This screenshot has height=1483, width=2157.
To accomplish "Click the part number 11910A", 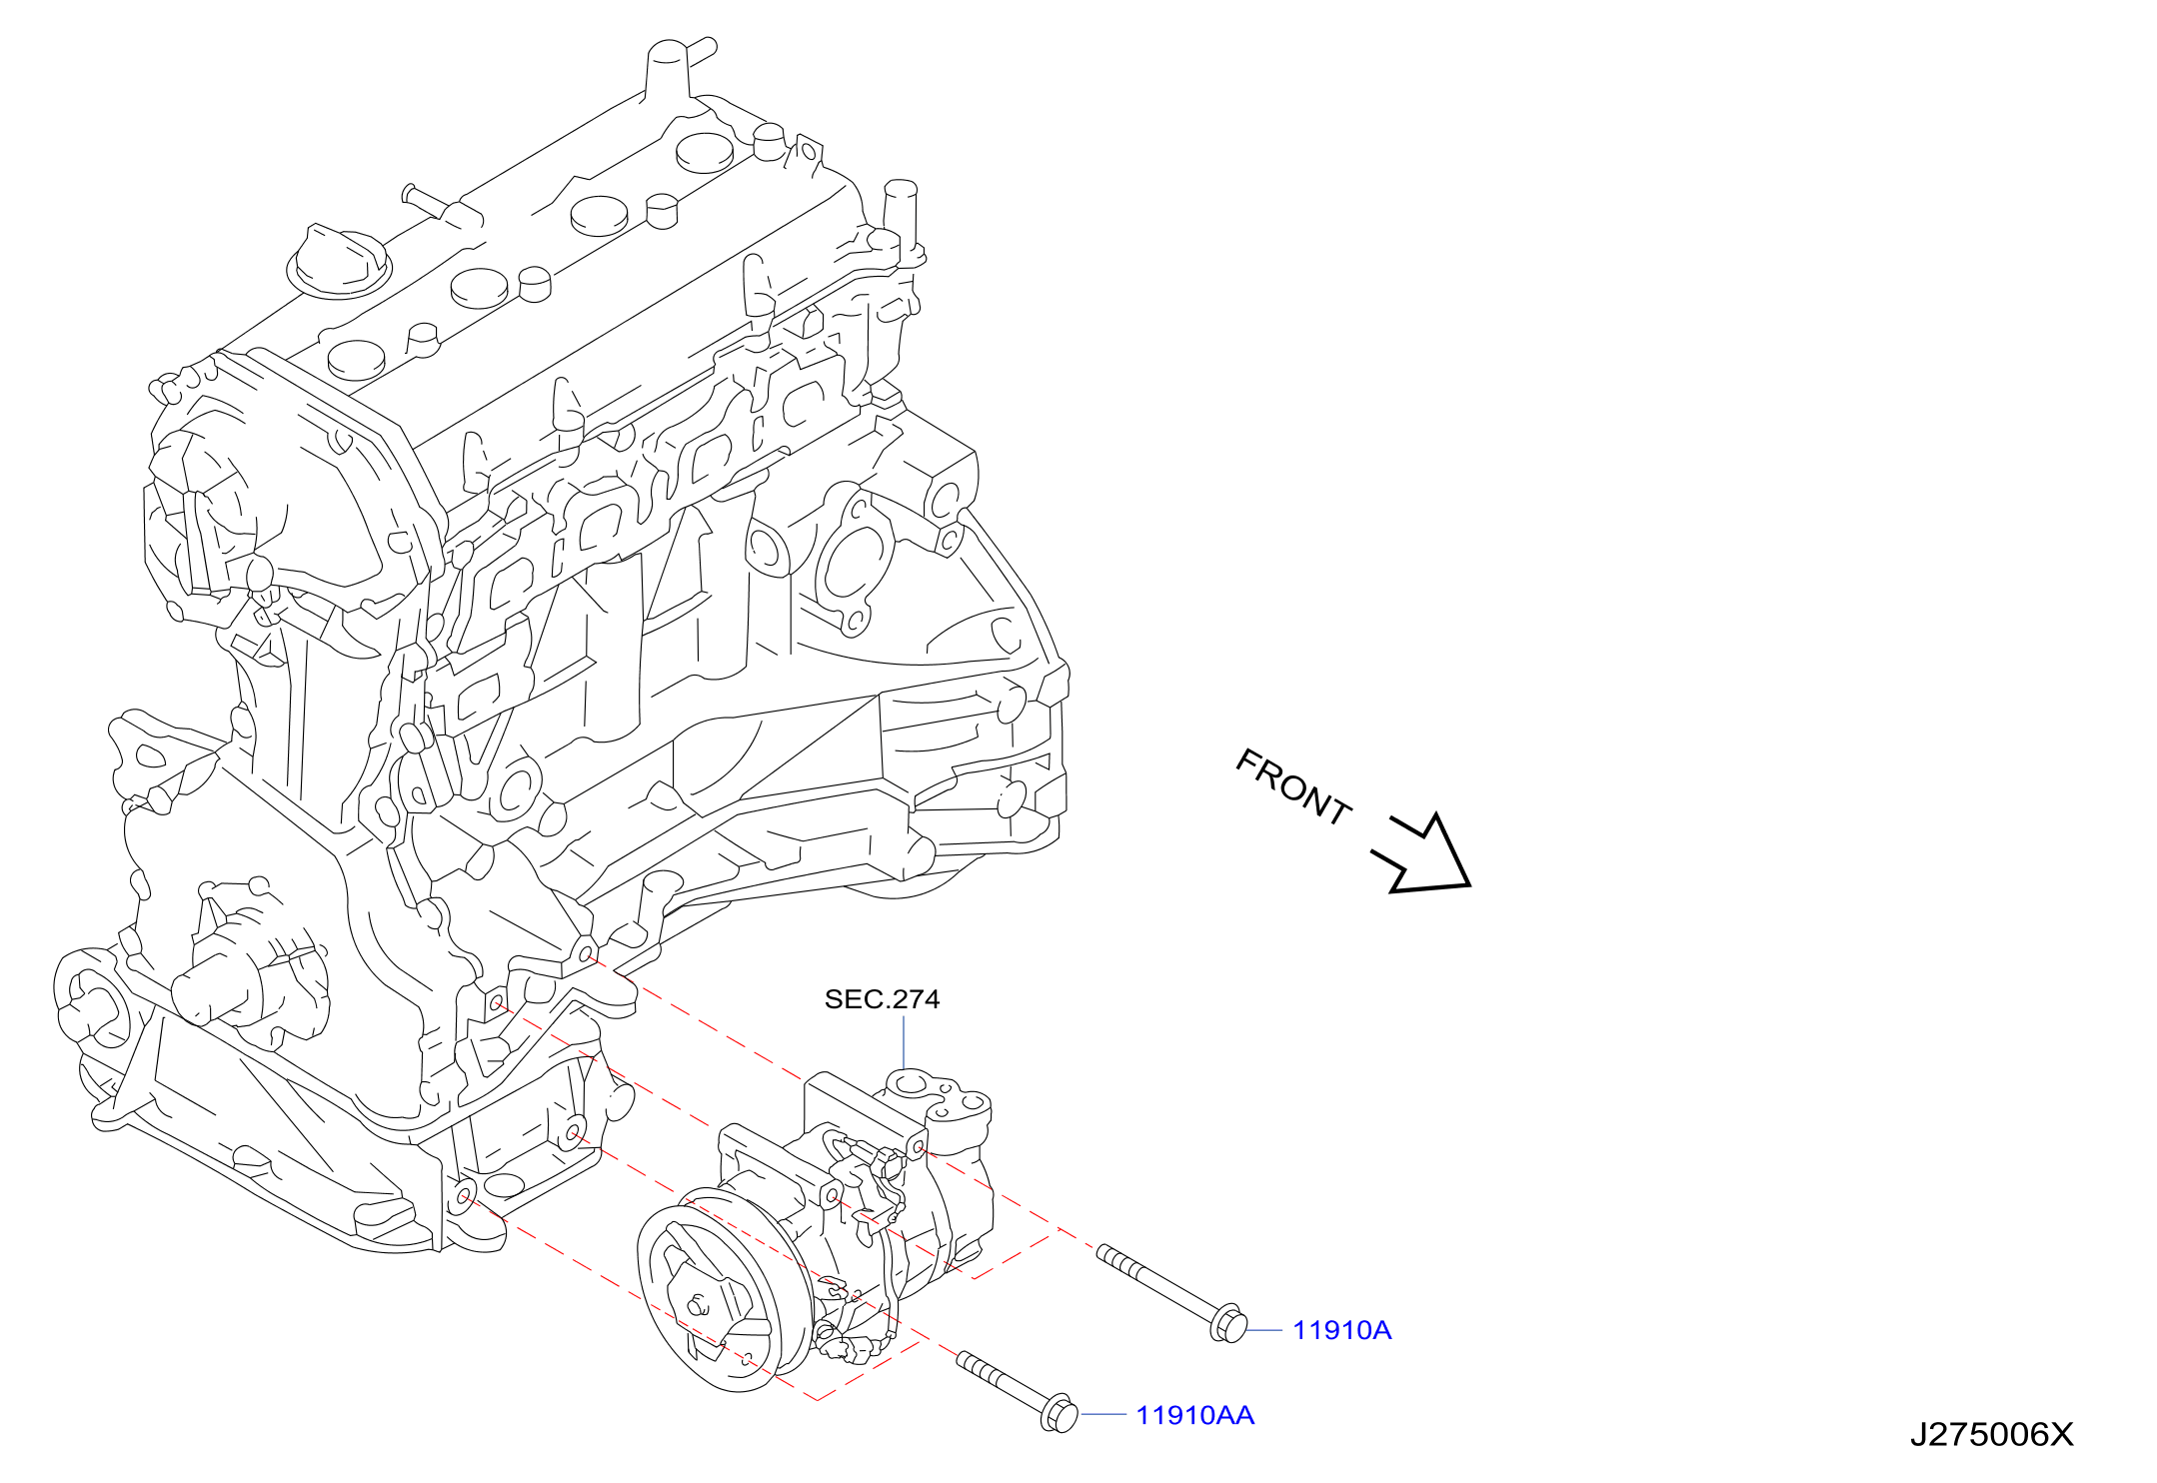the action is [1341, 1330].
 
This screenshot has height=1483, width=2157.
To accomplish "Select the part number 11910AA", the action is [1194, 1415].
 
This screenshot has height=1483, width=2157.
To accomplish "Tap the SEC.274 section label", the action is [882, 999].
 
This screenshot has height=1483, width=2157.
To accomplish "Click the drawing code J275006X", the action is [1991, 1435].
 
